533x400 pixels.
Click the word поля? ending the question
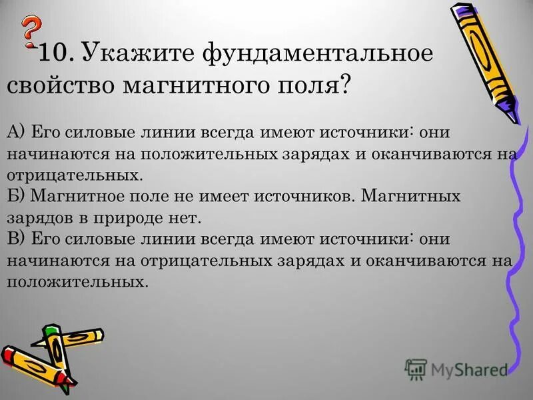pos(320,86)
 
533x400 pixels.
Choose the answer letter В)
pos(16,239)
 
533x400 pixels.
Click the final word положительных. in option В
pos(76,282)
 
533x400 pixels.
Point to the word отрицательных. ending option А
pos(75,175)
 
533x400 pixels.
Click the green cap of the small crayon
pos(49,330)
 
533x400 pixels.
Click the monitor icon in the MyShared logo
pos(416,369)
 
